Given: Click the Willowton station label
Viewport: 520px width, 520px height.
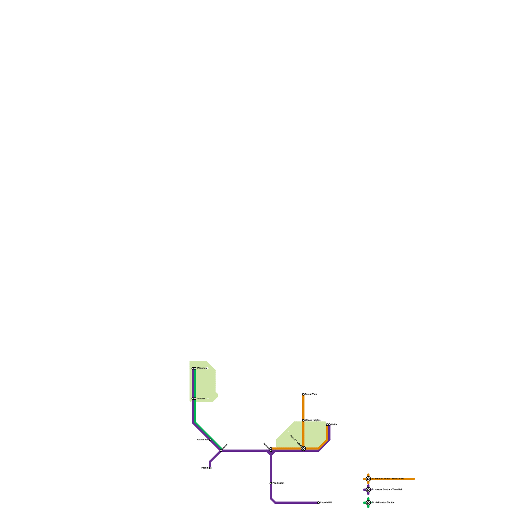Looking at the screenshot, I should [201, 368].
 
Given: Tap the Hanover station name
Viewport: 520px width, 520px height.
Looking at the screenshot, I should [201, 398].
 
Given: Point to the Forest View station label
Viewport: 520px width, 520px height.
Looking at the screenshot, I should [311, 394].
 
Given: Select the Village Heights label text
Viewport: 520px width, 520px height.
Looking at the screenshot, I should [313, 420].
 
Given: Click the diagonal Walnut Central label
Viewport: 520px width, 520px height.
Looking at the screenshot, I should [296, 441].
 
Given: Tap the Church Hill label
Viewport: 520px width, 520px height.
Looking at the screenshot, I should [326, 502].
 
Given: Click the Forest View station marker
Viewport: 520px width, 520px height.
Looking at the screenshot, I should [303, 394].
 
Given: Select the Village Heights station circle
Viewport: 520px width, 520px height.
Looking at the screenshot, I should [303, 420].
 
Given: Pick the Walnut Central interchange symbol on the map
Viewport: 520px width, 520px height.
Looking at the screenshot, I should [303, 448].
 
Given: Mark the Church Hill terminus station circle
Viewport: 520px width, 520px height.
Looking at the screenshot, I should [318, 502].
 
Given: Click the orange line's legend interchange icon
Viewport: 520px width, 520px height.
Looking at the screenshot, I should [368, 479].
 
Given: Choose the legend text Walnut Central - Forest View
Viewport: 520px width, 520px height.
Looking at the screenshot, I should [388, 479].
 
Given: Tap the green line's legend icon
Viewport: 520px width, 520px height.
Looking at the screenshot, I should [368, 502].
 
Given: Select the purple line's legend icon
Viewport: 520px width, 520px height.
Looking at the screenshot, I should [368, 489].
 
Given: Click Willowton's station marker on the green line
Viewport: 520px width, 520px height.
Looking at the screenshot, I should [195, 368].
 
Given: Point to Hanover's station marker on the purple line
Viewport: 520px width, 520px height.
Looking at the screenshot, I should [193, 398].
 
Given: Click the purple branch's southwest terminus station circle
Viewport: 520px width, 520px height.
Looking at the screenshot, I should [210, 468].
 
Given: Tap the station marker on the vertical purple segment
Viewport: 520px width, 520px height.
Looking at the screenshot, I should [271, 483].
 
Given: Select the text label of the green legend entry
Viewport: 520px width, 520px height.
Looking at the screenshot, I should [383, 502].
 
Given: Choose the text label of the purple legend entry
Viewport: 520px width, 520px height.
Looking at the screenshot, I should [387, 489].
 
